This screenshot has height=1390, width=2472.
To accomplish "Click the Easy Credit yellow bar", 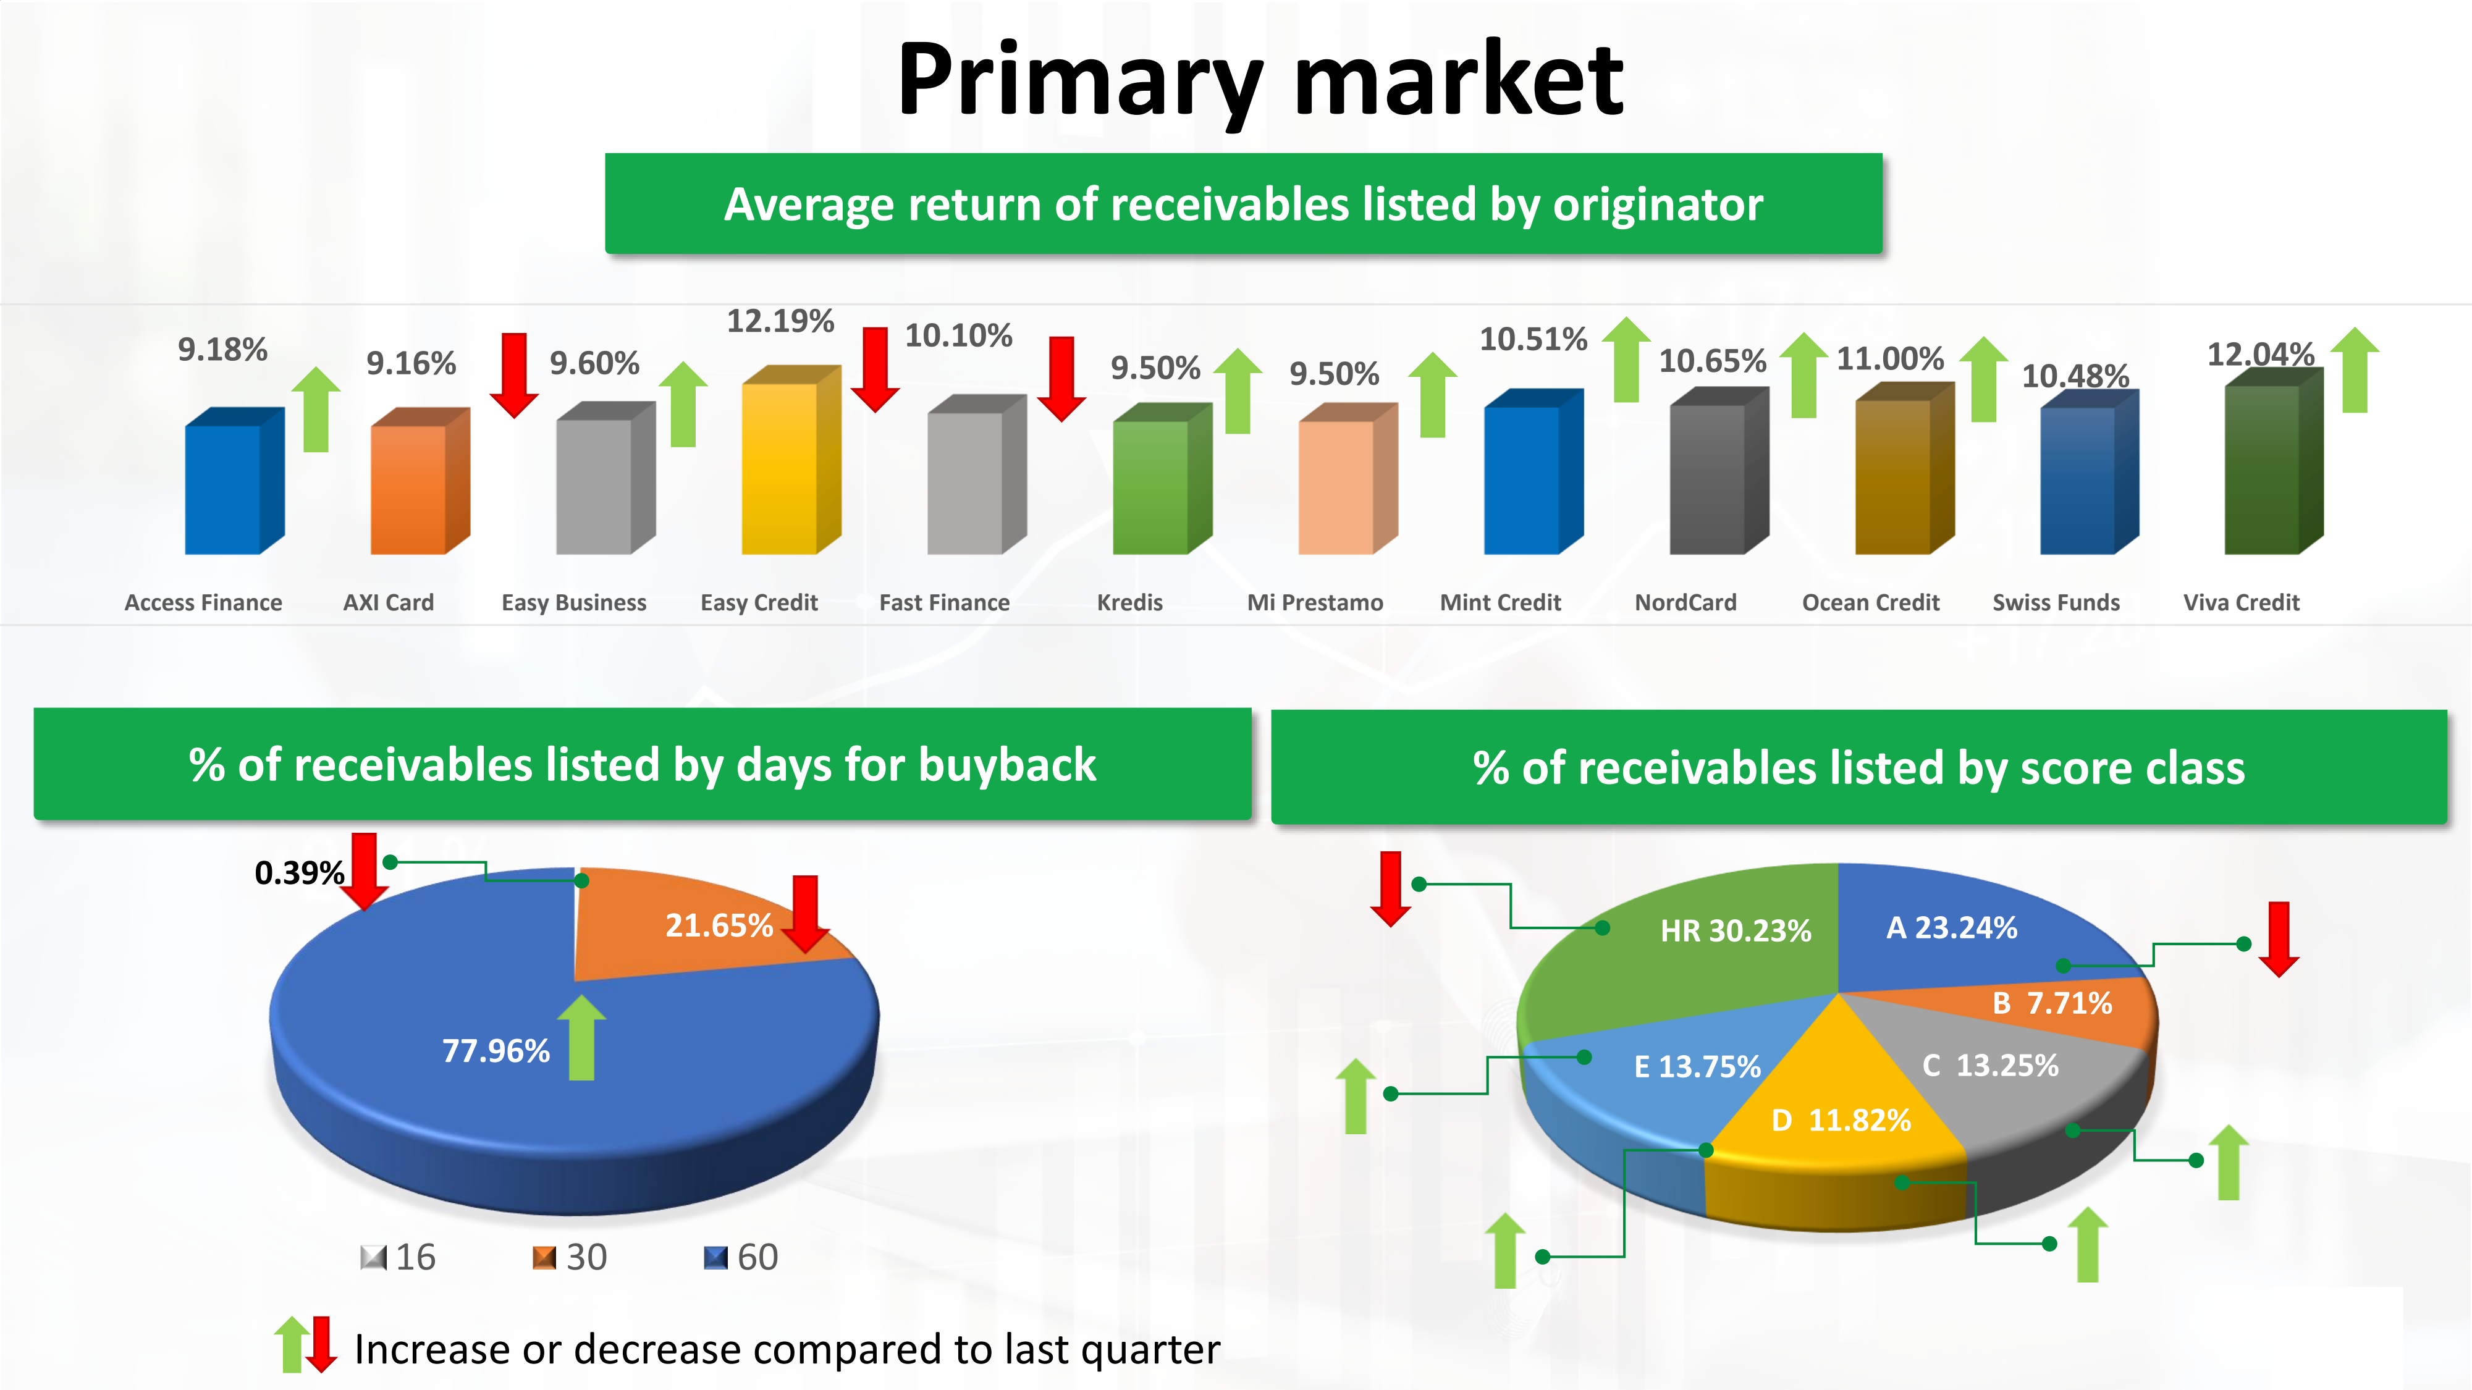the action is [791, 460].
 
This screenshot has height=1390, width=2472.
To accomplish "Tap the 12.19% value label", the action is [780, 321].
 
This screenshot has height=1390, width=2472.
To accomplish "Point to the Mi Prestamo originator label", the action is [1315, 602].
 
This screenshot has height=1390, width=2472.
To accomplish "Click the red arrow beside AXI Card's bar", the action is [515, 375].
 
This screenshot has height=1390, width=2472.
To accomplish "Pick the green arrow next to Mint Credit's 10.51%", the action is [1626, 360].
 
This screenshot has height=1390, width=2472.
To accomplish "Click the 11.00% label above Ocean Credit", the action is [1889, 359].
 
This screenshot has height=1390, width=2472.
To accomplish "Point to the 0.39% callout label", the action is [300, 873].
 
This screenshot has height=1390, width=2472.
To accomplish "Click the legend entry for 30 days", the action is [570, 1257].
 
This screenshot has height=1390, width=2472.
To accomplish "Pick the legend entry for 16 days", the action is [399, 1257].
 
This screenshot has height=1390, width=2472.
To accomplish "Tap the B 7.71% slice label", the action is [2052, 1003].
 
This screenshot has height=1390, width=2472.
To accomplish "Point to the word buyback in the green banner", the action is [1006, 765].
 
